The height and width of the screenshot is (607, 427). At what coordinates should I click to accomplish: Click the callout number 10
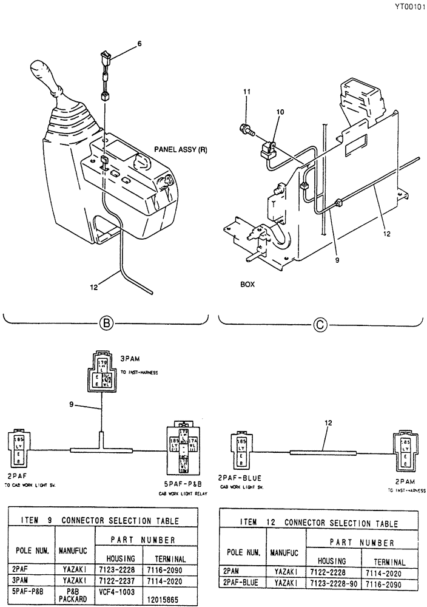280,112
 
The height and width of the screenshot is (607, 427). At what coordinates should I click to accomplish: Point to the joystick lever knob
45,76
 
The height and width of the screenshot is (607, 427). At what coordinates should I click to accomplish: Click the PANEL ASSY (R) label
180,148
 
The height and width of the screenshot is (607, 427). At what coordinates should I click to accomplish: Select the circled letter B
107,324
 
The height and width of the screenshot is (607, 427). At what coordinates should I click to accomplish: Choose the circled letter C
320,325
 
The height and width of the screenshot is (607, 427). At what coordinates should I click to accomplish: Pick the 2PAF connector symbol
18,449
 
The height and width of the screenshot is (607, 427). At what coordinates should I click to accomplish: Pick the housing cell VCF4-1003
121,589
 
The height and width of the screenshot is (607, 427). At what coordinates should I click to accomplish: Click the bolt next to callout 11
246,128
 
